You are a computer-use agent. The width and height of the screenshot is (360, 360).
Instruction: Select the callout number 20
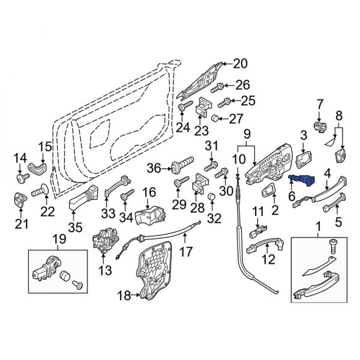(x=240, y=63)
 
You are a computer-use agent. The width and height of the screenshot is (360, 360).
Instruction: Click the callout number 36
(x=154, y=169)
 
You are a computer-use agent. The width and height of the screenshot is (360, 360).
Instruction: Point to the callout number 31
(x=210, y=146)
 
